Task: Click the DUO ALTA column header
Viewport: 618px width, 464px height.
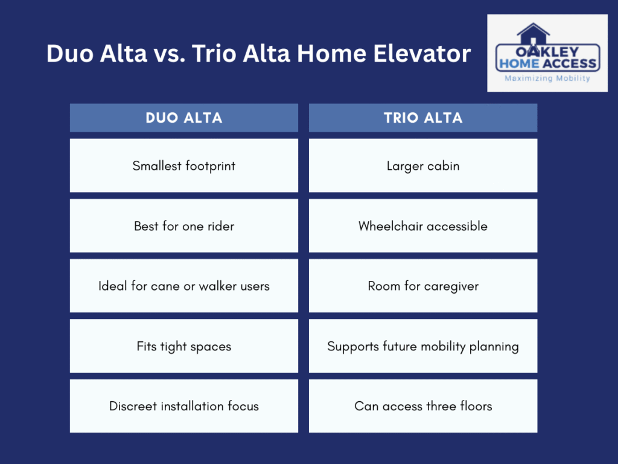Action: [183, 118]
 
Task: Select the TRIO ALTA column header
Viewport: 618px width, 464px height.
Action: [422, 118]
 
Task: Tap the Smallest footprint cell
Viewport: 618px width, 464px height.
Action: [183, 166]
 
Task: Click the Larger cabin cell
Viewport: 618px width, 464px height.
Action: [422, 166]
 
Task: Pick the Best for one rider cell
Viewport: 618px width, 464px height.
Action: [183, 226]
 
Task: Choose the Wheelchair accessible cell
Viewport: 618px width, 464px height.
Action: [422, 226]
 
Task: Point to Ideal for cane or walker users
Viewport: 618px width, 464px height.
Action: [183, 286]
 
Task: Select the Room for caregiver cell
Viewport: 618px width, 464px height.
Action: [422, 286]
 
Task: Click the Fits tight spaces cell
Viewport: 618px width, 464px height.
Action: [183, 346]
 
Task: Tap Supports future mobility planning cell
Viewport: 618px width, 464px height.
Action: [422, 346]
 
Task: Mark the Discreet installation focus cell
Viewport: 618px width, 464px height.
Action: [183, 406]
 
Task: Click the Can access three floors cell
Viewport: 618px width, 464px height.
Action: [422, 406]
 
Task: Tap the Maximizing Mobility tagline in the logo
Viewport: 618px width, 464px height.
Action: [547, 78]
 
